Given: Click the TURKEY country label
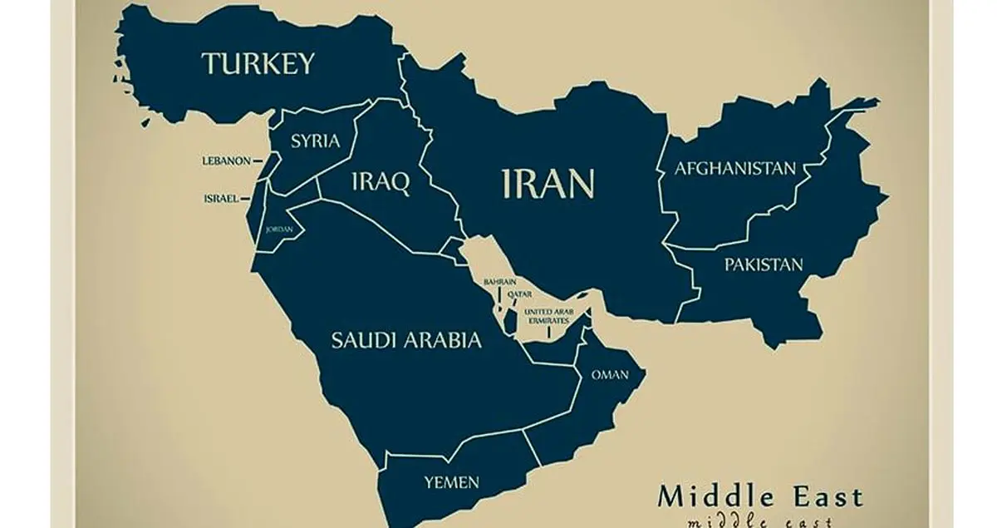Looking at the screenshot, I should [x=258, y=63].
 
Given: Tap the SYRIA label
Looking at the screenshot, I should [x=315, y=141].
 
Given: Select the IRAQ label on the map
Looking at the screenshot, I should [x=381, y=184].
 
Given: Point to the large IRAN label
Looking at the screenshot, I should [x=549, y=184].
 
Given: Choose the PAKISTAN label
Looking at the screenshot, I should [x=764, y=265].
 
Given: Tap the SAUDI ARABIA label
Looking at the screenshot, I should [x=406, y=339].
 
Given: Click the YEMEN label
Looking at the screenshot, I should [x=451, y=481].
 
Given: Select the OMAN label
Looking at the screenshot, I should [x=609, y=375].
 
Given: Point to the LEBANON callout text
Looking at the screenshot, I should [x=226, y=161].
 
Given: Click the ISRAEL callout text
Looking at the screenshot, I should [x=221, y=199].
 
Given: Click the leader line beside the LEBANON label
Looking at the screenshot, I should [x=259, y=161].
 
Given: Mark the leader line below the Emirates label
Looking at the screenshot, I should [x=548, y=331].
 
